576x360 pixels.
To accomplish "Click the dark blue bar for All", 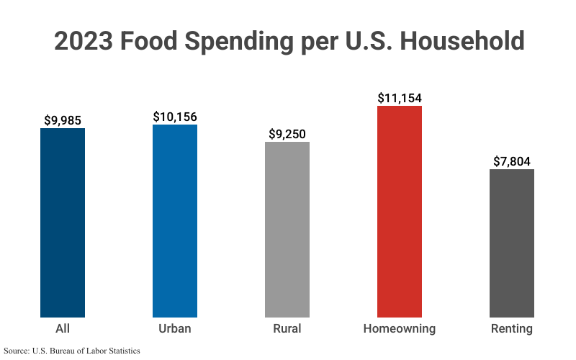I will tap(63, 222).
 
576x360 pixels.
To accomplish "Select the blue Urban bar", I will tap(175, 220).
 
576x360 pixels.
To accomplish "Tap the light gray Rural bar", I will tap(287, 229).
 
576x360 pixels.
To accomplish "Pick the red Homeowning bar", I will tap(400, 211).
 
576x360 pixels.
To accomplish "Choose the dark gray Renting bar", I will tap(512, 243).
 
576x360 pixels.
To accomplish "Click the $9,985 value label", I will tap(63, 120).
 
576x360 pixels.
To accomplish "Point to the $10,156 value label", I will tap(175, 116).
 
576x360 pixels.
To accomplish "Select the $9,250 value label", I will tap(287, 133).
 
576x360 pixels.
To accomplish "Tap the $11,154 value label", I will tap(400, 98).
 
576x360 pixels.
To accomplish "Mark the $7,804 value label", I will tap(512, 161).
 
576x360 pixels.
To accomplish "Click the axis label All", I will tap(63, 329).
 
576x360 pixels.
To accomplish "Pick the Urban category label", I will tap(175, 329).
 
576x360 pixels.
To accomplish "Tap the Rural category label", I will tap(287, 329).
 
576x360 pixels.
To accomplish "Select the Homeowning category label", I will tap(400, 329).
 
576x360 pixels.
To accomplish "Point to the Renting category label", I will tap(512, 329).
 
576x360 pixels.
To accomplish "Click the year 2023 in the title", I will tap(83, 41).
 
